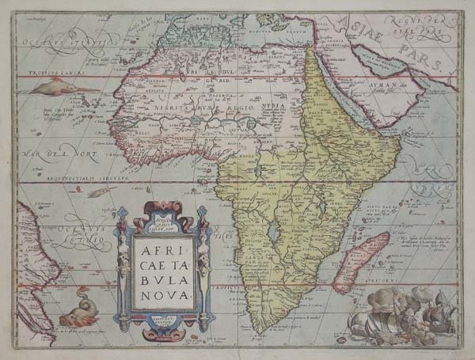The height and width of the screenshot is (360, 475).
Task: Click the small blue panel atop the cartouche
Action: pos(163,214)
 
